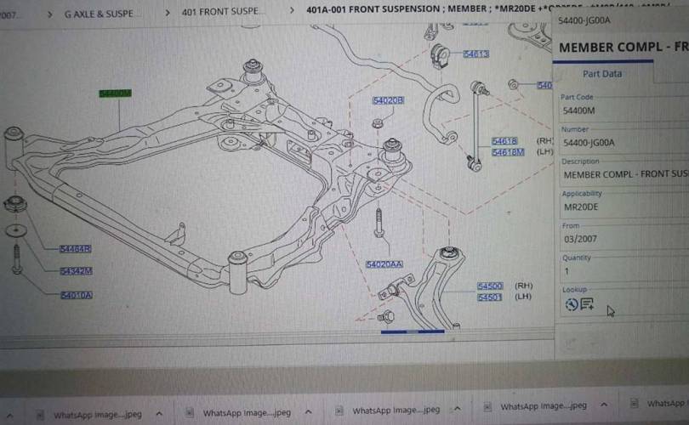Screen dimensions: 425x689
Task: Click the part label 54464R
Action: [x=75, y=249]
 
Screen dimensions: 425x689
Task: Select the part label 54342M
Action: [x=76, y=272]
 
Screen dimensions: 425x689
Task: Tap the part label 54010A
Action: [x=76, y=296]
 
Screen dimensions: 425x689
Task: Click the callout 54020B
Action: [x=388, y=100]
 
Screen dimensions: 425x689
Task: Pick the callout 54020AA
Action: [x=384, y=264]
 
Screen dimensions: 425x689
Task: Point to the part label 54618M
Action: [x=508, y=152]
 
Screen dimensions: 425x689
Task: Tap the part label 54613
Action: [x=475, y=54]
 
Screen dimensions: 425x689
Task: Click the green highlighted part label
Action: [x=115, y=93]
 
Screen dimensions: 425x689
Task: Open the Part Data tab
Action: [x=602, y=74]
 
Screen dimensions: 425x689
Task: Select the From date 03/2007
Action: [x=580, y=240]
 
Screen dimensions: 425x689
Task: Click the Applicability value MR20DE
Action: [x=580, y=207]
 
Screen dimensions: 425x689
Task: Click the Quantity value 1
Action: [x=567, y=271]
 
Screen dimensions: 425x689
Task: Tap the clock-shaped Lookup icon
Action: [x=571, y=304]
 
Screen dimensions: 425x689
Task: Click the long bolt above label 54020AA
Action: [x=379, y=223]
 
